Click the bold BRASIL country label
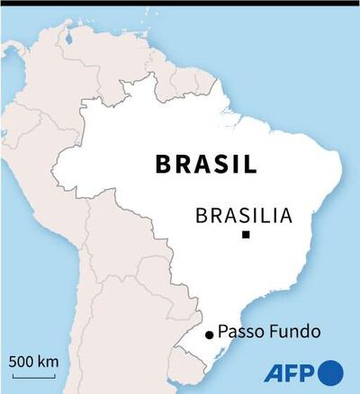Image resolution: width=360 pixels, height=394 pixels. pyautogui.click(x=206, y=165)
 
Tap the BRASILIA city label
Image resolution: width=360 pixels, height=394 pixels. pyautogui.click(x=244, y=216)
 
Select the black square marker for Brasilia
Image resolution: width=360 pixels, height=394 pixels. pyautogui.click(x=245, y=236)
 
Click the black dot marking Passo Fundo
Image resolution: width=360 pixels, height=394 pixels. pyautogui.click(x=209, y=335)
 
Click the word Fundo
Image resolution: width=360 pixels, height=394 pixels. pyautogui.click(x=293, y=332)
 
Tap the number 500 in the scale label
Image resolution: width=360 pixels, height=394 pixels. pyautogui.click(x=23, y=362)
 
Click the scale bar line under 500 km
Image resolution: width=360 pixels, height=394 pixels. pyautogui.click(x=34, y=372)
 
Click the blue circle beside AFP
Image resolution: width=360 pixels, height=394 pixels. pyautogui.click(x=330, y=372)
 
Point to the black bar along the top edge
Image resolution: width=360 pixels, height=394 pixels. pyautogui.click(x=180, y=3)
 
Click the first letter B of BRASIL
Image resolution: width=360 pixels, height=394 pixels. pyautogui.click(x=163, y=165)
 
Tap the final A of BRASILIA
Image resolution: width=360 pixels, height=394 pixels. pyautogui.click(x=285, y=216)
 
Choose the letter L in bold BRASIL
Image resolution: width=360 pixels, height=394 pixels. pyautogui.click(x=248, y=165)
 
